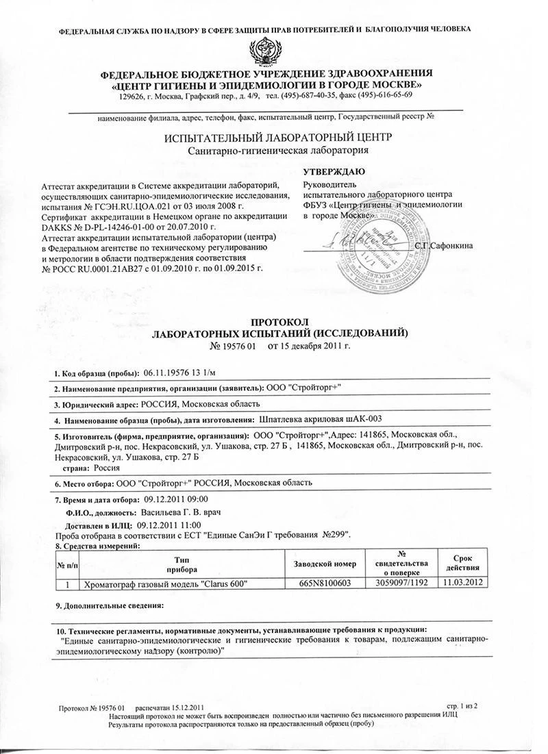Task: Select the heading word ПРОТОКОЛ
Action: tap(281, 322)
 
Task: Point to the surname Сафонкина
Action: tap(451, 245)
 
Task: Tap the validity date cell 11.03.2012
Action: tap(465, 583)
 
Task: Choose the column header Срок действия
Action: tap(465, 564)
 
